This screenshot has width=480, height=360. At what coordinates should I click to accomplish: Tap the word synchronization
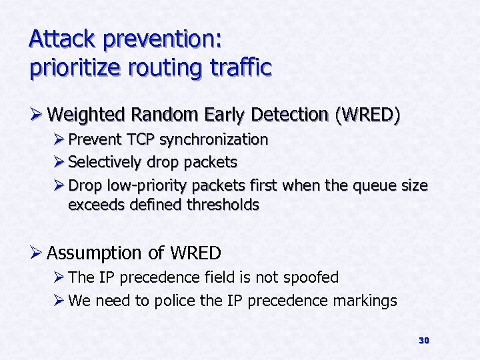pyautogui.click(x=214, y=140)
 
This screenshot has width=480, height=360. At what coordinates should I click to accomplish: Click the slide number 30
pyautogui.click(x=423, y=341)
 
